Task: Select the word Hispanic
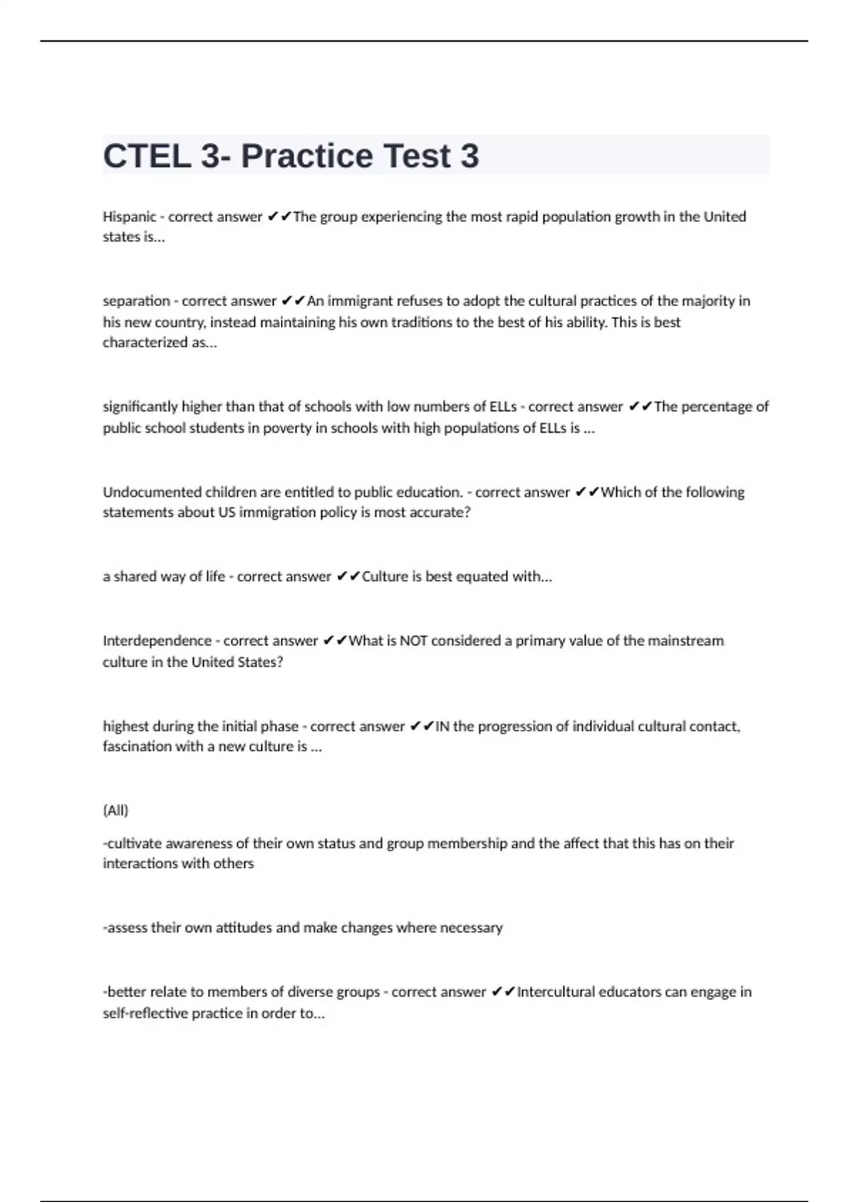point(129,216)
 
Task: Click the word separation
point(137,301)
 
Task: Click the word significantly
point(141,407)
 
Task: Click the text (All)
point(115,810)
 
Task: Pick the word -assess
point(125,928)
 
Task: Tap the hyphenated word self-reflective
point(145,1013)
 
